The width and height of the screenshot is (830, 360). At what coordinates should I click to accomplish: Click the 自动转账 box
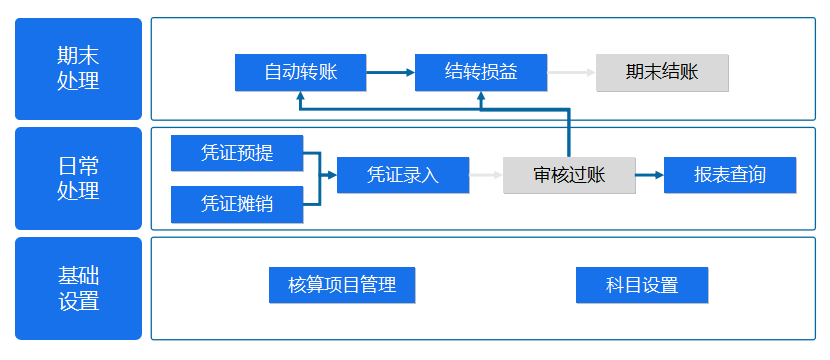click(301, 72)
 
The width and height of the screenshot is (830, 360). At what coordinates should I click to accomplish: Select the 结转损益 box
click(481, 72)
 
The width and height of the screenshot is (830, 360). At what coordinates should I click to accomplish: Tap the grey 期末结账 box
click(662, 72)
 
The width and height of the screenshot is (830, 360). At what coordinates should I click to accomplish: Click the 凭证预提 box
click(237, 153)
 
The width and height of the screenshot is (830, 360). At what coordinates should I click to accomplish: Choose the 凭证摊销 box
click(237, 204)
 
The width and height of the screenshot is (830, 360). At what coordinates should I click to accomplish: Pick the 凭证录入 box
click(403, 175)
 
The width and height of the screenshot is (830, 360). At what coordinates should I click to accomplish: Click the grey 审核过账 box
click(569, 175)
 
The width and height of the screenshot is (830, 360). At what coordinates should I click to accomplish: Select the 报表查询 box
click(730, 175)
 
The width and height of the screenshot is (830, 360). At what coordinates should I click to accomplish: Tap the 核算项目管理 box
click(342, 285)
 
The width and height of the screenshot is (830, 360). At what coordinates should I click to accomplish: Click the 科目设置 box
click(642, 285)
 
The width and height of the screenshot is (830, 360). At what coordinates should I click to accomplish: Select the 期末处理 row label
click(78, 69)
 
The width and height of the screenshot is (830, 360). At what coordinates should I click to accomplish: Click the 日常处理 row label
click(78, 178)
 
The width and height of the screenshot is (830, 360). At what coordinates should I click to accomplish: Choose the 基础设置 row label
click(78, 288)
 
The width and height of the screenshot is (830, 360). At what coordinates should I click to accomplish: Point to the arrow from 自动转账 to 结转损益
click(391, 72)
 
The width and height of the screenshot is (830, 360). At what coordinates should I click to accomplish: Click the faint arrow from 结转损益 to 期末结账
click(572, 72)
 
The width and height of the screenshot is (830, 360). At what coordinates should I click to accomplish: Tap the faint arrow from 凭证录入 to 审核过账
click(486, 175)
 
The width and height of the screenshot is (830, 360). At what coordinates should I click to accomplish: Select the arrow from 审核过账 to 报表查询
click(649, 175)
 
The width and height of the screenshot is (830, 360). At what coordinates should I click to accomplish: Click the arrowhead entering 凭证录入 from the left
click(331, 175)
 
